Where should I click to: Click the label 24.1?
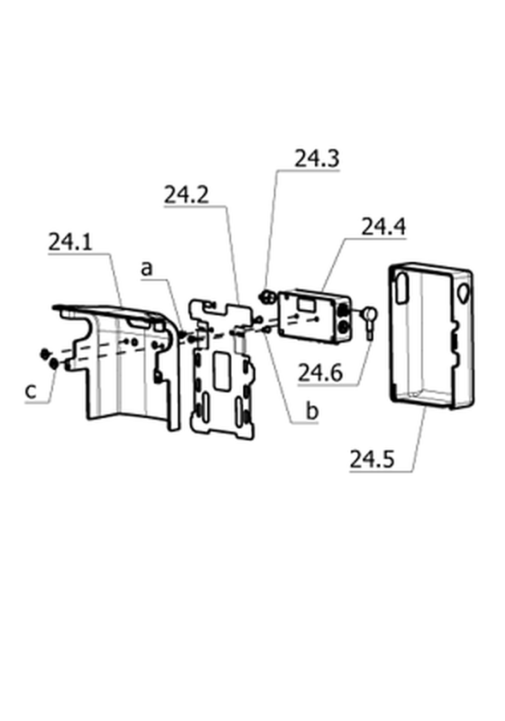click(x=70, y=242)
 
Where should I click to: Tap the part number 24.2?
click(x=187, y=195)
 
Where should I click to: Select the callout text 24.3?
click(x=317, y=158)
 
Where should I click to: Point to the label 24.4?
click(x=383, y=227)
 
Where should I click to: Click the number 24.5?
click(x=372, y=459)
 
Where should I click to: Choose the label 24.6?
click(x=320, y=372)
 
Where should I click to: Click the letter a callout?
click(x=146, y=269)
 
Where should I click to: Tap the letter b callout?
click(x=312, y=410)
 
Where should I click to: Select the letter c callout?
click(x=30, y=392)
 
